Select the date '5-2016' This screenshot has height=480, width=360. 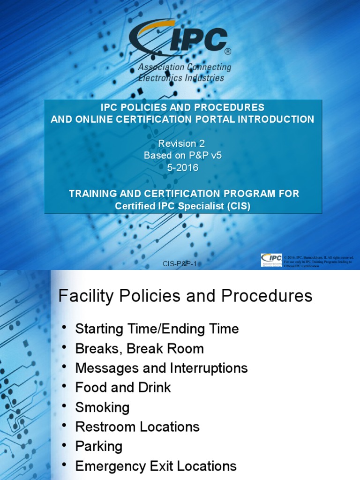(182, 168)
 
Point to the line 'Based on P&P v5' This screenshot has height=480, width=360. (182, 156)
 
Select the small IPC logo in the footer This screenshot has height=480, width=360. (271, 260)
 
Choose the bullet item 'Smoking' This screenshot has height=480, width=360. (102, 407)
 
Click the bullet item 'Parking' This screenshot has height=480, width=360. (99, 446)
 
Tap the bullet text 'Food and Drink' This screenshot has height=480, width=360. (123, 388)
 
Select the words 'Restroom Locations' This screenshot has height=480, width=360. (137, 427)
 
